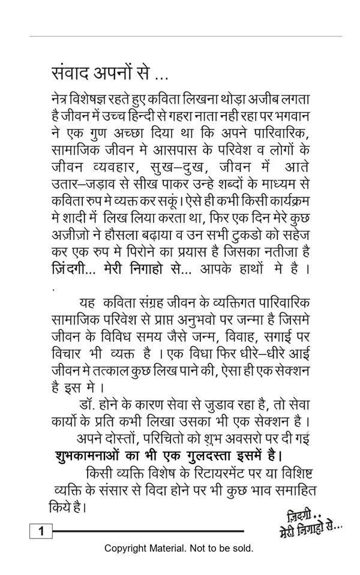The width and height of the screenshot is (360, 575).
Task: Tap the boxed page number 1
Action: (41, 531)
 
